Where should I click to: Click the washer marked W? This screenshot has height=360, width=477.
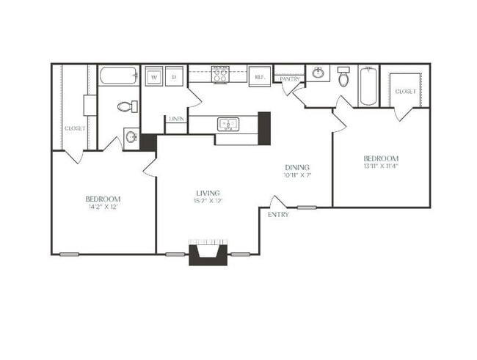[x=155, y=76]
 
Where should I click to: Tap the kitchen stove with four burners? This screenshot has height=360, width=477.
[x=222, y=74]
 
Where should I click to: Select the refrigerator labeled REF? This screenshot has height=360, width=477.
[x=259, y=76]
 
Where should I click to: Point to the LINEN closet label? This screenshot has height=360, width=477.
[x=176, y=118]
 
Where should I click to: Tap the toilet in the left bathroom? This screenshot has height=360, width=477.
[x=125, y=106]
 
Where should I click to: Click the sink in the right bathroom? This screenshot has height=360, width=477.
[x=319, y=73]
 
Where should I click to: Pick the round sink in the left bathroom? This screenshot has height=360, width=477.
[x=131, y=137]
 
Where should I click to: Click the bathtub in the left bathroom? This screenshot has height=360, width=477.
[x=119, y=76]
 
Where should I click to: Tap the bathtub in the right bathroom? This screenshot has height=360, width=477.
[x=368, y=87]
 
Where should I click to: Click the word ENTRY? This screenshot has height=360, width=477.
[x=278, y=215]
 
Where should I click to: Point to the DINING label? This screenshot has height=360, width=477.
[x=297, y=167]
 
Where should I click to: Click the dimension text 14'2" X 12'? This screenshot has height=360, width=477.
[x=103, y=207]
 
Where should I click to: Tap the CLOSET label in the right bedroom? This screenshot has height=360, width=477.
[x=406, y=92]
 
